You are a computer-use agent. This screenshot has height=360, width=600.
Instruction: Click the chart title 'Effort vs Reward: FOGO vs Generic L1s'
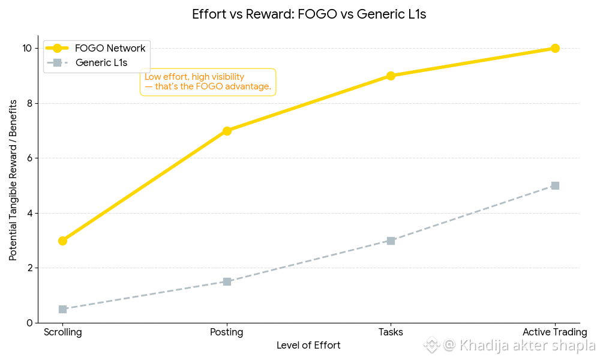pyautogui.click(x=309, y=14)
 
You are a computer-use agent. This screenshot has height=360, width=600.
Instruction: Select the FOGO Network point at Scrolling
pyautogui.click(x=62, y=241)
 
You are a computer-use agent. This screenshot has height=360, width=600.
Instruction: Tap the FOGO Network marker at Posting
pyautogui.click(x=227, y=131)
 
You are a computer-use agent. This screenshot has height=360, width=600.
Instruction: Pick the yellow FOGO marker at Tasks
pyautogui.click(x=391, y=76)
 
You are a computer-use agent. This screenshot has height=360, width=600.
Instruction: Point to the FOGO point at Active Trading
pyautogui.click(x=555, y=48)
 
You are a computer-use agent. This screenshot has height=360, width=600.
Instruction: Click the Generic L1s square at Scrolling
pyautogui.click(x=62, y=309)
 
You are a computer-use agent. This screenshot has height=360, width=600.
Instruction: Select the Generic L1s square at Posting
pyautogui.click(x=227, y=281)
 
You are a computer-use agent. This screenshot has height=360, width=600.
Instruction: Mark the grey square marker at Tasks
pyautogui.click(x=391, y=241)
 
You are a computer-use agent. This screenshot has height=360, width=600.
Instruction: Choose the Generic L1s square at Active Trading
pyautogui.click(x=555, y=186)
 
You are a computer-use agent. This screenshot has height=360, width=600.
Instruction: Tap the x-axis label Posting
pyautogui.click(x=227, y=332)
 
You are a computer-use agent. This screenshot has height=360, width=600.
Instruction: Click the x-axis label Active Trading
pyautogui.click(x=554, y=332)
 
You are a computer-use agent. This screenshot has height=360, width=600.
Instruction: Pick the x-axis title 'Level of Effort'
pyautogui.click(x=308, y=346)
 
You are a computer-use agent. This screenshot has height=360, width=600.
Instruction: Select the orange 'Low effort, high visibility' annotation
pyautogui.click(x=208, y=82)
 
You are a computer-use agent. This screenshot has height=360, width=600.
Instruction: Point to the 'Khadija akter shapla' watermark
pyautogui.click(x=518, y=346)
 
